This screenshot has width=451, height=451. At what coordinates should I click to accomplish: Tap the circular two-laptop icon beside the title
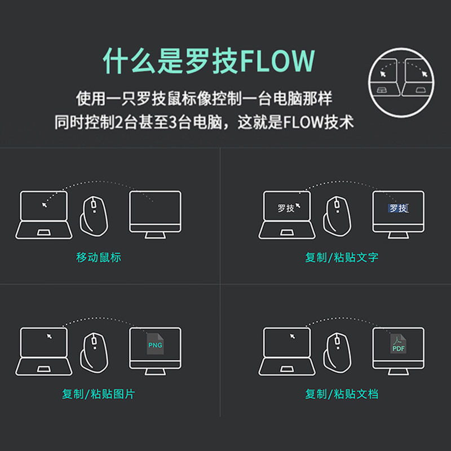[401, 82]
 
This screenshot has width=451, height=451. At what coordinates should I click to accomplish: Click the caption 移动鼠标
[98, 257]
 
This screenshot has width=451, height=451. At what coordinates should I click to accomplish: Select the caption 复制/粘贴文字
[342, 257]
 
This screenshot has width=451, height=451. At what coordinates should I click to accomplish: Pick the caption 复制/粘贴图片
[98, 393]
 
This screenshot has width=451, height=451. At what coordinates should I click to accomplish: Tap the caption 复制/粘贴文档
[342, 393]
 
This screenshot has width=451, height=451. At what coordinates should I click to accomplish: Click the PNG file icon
[155, 344]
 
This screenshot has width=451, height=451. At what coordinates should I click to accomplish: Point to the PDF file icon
[398, 344]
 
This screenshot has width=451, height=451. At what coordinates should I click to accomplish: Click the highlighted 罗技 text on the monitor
[399, 208]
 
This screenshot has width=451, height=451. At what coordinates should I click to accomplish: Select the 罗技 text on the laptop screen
[286, 208]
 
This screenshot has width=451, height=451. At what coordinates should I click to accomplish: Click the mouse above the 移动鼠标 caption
[94, 215]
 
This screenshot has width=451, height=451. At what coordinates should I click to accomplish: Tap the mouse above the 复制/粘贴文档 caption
[337, 352]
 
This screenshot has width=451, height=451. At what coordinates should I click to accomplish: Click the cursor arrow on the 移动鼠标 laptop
[45, 205]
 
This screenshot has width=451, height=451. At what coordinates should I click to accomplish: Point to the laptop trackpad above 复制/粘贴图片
[44, 369]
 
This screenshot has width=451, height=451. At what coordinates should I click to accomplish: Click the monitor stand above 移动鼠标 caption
[155, 235]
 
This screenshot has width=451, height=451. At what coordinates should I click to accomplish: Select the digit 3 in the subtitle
[173, 122]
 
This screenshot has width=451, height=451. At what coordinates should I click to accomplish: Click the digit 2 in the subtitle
[119, 122]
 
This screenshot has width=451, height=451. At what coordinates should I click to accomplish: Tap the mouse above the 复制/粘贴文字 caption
[337, 216]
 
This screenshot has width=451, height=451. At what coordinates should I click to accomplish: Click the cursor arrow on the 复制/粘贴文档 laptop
[293, 336]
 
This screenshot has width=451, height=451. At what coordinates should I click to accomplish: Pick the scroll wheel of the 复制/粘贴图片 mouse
[94, 341]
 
